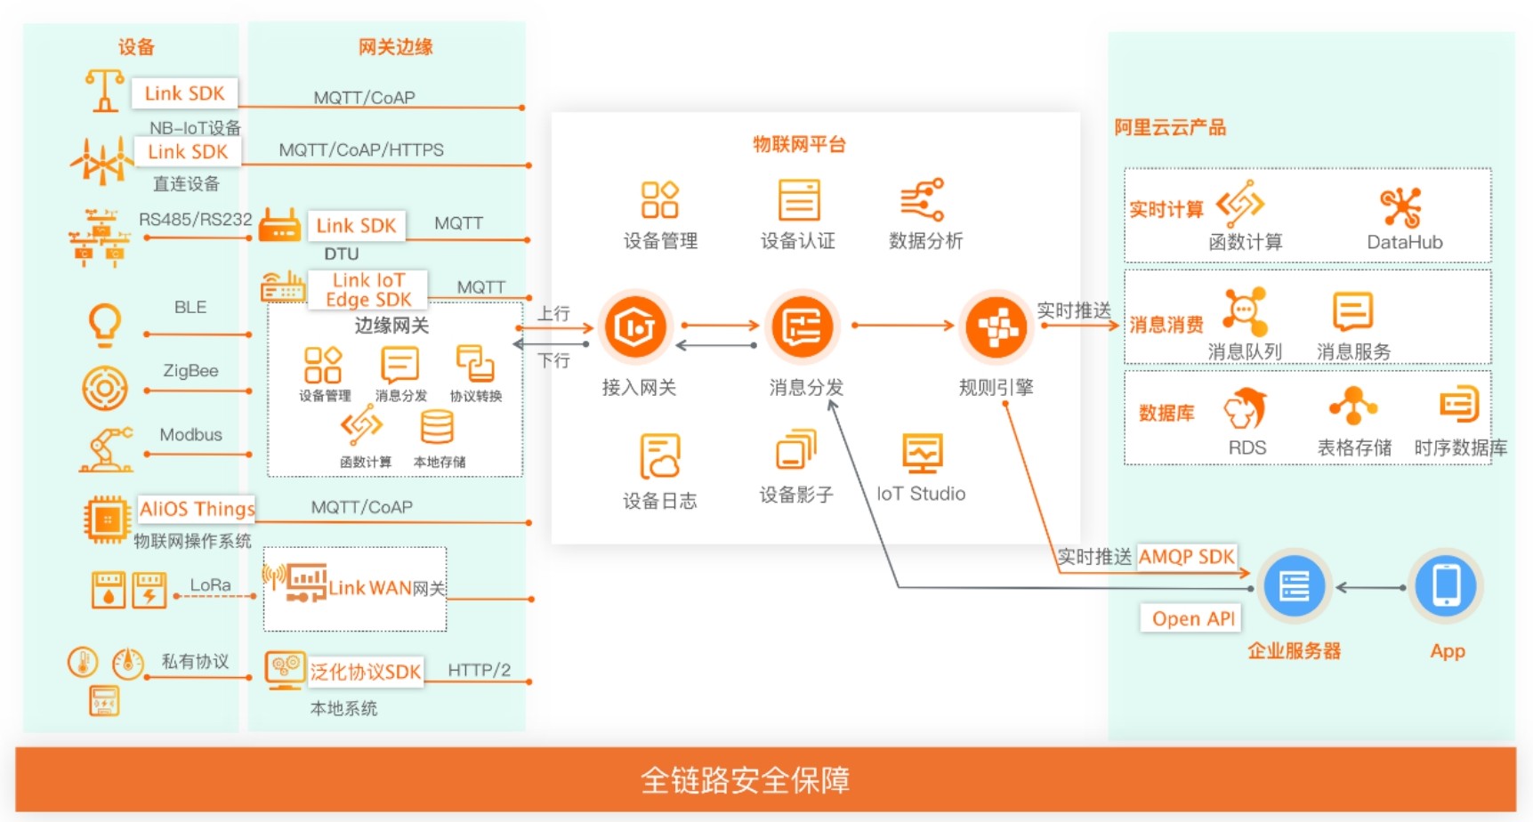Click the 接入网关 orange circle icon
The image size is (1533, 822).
[635, 326]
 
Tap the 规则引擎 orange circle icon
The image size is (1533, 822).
[996, 326]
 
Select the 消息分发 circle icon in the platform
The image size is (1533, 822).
[803, 326]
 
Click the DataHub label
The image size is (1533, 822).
[1404, 242]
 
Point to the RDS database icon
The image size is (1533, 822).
[1246, 408]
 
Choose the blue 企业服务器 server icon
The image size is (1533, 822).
[1294, 586]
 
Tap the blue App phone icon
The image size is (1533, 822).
[1446, 586]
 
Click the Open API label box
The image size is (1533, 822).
[1193, 618]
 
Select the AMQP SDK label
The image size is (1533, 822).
[1186, 557]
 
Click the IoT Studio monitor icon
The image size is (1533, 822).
[922, 453]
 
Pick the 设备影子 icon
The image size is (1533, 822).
[795, 450]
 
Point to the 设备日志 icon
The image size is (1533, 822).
[659, 455]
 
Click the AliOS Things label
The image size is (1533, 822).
[197, 509]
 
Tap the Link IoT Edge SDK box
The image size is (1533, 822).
[368, 290]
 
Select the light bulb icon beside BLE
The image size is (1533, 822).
[105, 324]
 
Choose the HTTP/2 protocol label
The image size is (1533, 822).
[479, 670]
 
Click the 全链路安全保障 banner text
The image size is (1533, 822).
[745, 780]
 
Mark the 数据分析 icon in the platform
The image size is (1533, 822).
[922, 199]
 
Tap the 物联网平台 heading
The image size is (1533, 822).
[799, 144]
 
